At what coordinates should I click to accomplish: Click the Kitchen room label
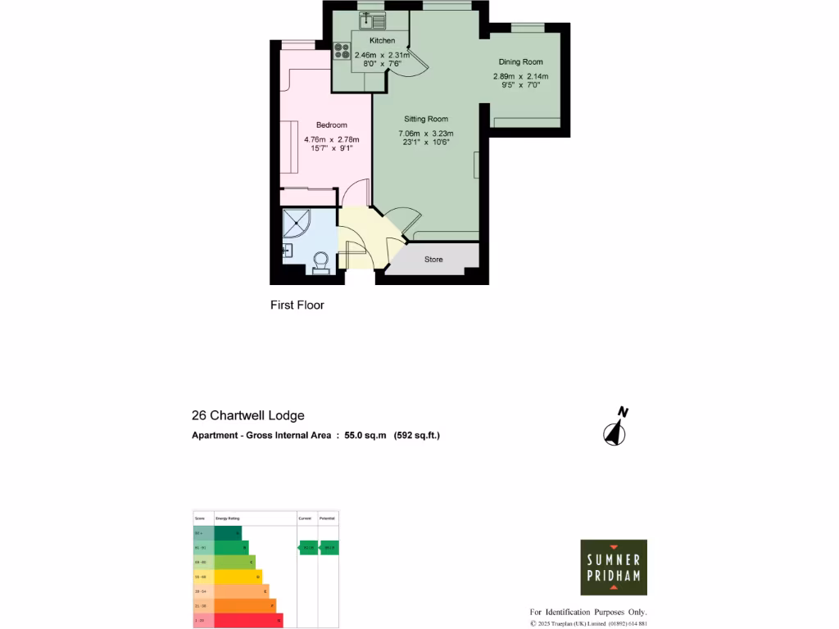click(x=382, y=40)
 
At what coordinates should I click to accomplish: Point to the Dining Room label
click(x=520, y=61)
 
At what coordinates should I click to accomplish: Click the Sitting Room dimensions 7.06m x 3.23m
click(x=425, y=133)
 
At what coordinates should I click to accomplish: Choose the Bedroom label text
click(x=331, y=125)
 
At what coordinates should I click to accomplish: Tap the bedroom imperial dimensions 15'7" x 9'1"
click(x=331, y=148)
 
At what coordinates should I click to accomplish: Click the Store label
click(x=433, y=260)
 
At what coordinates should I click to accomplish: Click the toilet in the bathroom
click(x=320, y=261)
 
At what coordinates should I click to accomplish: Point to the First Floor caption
click(x=297, y=305)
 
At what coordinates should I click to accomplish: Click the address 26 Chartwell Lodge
click(x=247, y=416)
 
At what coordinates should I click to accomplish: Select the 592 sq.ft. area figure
click(x=417, y=436)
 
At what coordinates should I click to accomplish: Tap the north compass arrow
click(x=615, y=427)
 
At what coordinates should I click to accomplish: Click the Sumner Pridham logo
click(x=614, y=567)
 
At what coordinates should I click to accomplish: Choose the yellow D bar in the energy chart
click(x=238, y=577)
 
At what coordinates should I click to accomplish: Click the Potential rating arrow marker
click(x=329, y=547)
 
